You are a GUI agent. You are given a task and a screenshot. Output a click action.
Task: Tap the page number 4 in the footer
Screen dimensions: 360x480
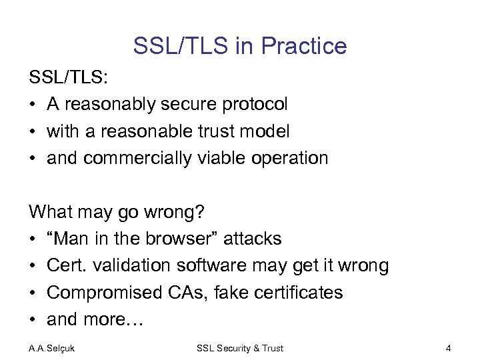coord(448,348)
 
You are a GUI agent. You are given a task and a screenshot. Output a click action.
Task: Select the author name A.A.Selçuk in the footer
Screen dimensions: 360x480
coord(51,348)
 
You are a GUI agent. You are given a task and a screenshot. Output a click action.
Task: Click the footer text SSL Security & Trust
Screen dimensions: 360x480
coord(240,348)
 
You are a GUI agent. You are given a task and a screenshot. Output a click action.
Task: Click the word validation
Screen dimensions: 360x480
coord(131,265)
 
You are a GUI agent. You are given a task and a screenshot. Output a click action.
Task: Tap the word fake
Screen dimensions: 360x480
coord(230,293)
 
